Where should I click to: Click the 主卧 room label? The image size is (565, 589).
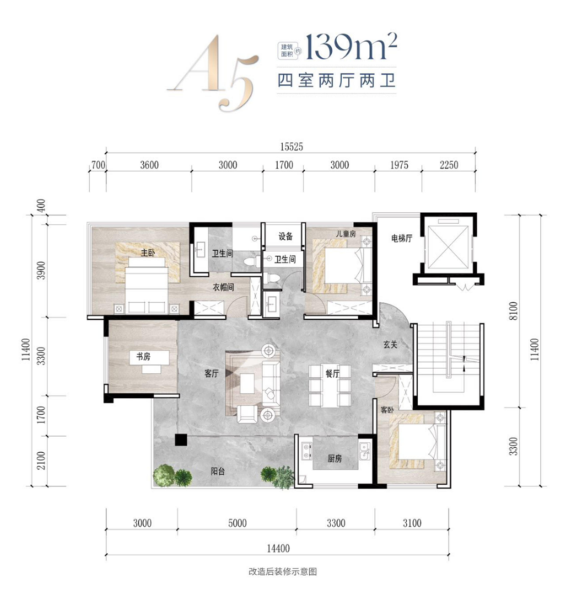coord(148,252)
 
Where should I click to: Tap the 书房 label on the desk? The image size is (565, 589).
coord(143,356)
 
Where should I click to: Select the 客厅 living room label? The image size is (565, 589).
coord(211,373)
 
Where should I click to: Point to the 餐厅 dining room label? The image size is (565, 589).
coord(333,373)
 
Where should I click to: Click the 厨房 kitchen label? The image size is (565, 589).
coord(335,458)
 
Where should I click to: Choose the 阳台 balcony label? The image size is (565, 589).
coord(218,471)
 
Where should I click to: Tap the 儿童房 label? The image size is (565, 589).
coord(346,233)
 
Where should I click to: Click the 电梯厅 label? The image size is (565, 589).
coord(402,238)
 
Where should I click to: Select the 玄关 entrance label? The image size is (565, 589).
coord(390,345)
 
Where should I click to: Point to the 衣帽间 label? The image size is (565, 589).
coord(224,288)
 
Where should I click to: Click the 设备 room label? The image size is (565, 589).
coord(286,236)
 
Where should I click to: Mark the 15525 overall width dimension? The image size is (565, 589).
coord(292,146)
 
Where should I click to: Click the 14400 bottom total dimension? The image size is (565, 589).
coord(278,549)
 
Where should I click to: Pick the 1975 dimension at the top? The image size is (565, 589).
coord(399,165)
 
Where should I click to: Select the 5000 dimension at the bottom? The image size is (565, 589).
coord(238,523)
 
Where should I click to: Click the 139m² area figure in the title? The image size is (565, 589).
coord(351,47)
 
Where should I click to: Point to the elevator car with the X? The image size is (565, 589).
coord(448,247)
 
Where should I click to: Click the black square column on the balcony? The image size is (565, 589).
coord(181,440)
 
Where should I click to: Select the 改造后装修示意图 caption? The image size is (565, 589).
coord(282,571)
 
